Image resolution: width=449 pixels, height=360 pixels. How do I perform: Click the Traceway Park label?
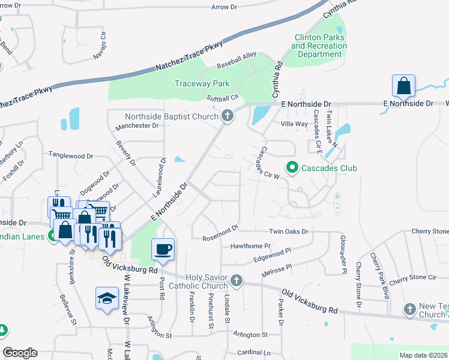(202, 84)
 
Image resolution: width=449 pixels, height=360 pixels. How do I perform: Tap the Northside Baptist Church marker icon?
(228, 116)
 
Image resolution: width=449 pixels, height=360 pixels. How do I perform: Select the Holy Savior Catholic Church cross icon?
(237, 280)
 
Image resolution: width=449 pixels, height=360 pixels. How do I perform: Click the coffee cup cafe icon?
(163, 249)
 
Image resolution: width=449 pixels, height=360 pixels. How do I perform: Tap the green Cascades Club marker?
(292, 168)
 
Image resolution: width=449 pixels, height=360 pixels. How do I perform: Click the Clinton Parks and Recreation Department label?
(319, 46)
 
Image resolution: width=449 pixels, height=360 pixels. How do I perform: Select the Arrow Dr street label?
(224, 7)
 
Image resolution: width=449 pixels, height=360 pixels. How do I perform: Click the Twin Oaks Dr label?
(288, 231)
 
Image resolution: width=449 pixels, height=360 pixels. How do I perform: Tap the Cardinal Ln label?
(254, 353)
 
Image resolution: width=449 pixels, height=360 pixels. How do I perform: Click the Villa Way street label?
(295, 124)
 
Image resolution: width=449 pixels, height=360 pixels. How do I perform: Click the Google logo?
(19, 353)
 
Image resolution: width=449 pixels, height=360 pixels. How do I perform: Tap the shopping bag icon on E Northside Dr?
(404, 86)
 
